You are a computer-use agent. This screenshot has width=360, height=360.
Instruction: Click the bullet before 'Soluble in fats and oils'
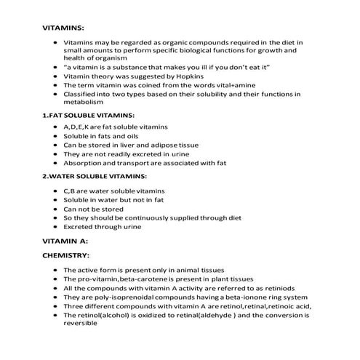pos(56,136)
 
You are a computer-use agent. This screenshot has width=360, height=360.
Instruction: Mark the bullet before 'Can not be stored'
pos(56,208)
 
